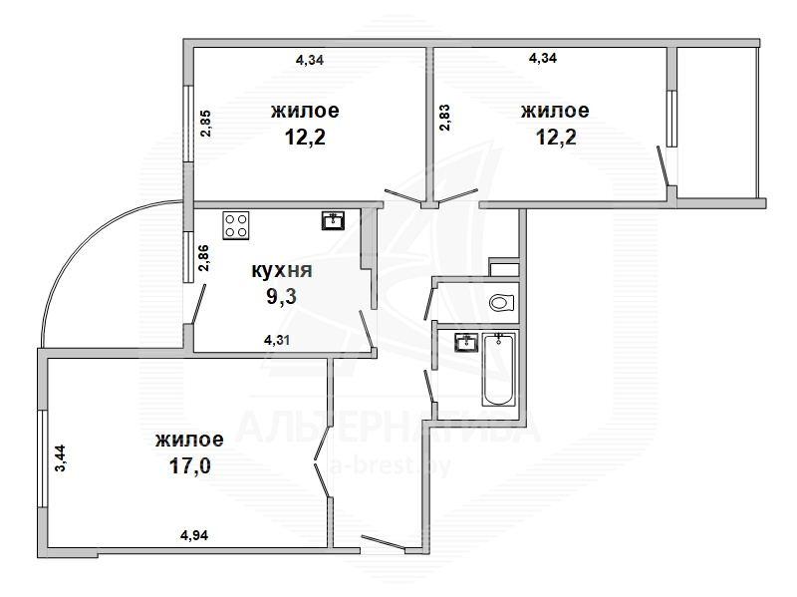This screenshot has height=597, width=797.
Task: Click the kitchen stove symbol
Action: point(236,225)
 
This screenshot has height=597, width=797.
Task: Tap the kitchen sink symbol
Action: point(333,221)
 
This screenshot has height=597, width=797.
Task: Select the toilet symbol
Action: point(502,304)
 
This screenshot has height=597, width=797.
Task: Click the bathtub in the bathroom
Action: point(499,369)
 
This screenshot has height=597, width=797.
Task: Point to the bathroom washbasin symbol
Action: point(466,342)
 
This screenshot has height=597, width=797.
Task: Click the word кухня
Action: point(282,270)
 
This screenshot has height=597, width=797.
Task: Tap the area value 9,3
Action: point(281,296)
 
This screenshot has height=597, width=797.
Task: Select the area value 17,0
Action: point(189,465)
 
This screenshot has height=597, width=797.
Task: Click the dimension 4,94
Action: point(194,535)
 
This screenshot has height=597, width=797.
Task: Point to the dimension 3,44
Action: point(61,458)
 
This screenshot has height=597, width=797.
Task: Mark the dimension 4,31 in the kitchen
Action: point(277,340)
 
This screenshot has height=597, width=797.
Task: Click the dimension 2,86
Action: point(204,258)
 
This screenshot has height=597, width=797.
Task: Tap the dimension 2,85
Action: point(205,124)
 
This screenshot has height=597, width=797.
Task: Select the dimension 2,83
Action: point(445,118)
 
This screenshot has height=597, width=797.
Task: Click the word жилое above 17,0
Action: point(189,439)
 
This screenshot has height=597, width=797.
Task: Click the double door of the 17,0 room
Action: point(322,461)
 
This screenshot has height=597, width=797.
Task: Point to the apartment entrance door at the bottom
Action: point(384,542)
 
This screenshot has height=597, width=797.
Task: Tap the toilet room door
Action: point(428,303)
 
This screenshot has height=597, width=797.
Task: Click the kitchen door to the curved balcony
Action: point(198,304)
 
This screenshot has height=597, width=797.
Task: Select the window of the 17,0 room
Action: point(41,458)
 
